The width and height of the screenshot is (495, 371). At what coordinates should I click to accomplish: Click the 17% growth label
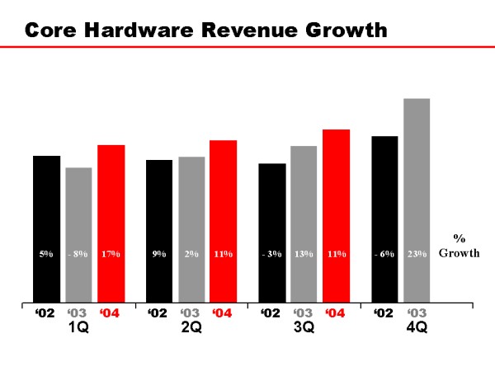click(x=111, y=254)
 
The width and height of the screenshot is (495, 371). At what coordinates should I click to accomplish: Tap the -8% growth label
click(x=78, y=254)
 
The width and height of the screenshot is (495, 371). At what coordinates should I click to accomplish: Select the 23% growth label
click(x=417, y=254)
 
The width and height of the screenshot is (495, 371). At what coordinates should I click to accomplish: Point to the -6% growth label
click(x=384, y=254)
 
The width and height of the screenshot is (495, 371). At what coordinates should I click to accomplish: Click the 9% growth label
click(x=159, y=254)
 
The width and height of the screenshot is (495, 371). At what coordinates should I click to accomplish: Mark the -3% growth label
click(x=271, y=254)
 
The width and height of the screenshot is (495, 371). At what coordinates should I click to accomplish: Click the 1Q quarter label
click(x=78, y=327)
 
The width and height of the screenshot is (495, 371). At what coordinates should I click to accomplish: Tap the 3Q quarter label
click(x=304, y=327)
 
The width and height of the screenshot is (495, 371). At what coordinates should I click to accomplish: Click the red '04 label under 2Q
click(x=223, y=313)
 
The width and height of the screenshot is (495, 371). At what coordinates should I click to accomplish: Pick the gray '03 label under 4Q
click(x=417, y=313)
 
